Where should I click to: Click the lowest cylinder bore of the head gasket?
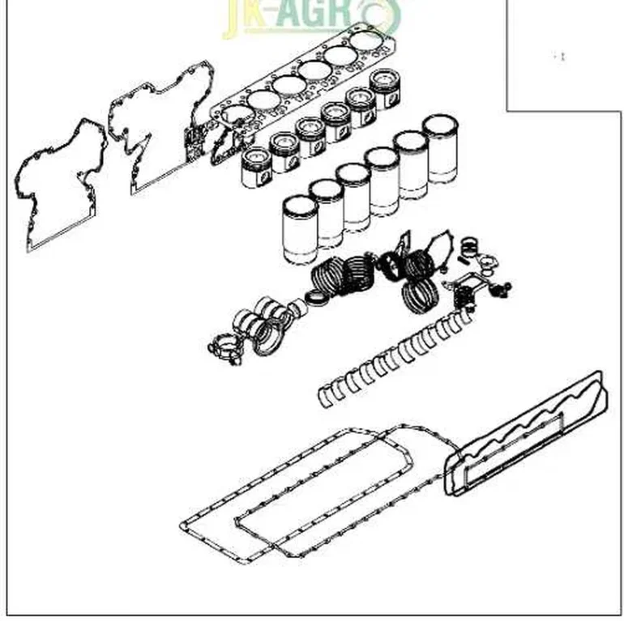(234, 113)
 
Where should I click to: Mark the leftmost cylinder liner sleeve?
(298, 230)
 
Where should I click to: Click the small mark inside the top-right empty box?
(559, 56)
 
